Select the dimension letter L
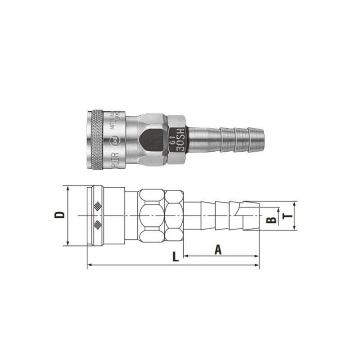point(175,256)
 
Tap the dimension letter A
point(218,249)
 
